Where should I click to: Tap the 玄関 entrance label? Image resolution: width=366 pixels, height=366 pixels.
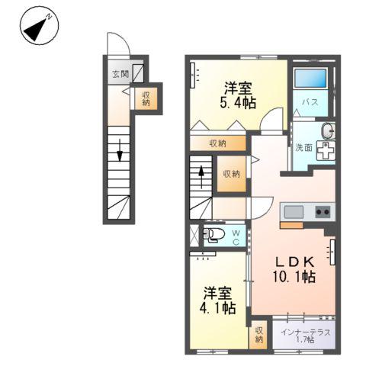click(x=120, y=74)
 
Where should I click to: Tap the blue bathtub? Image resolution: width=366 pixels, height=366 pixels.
click(x=310, y=79)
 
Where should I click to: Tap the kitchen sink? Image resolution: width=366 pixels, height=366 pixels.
click(x=294, y=211)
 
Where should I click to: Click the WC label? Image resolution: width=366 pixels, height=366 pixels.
click(x=236, y=237)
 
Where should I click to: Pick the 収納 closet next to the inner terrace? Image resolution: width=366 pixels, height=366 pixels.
click(x=259, y=335)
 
